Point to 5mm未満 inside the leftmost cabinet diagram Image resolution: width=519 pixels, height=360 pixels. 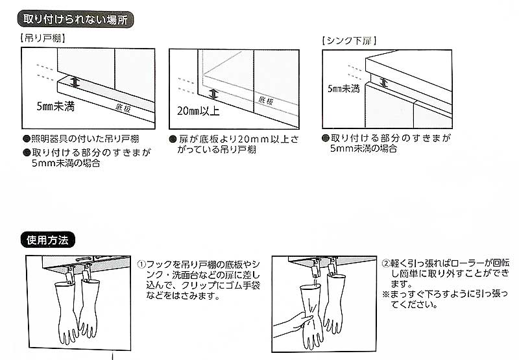pyautogui.click(x=55, y=104)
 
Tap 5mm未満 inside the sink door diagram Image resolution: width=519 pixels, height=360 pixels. pyautogui.click(x=343, y=88)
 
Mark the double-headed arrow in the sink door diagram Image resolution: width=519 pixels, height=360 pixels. pyautogui.click(x=384, y=82)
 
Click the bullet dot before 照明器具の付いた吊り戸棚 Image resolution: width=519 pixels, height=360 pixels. pyautogui.click(x=26, y=139)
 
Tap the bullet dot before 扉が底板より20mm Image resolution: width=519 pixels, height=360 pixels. pyautogui.click(x=173, y=139)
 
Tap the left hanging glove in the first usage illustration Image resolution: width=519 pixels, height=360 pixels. pyautogui.click(x=66, y=311)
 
